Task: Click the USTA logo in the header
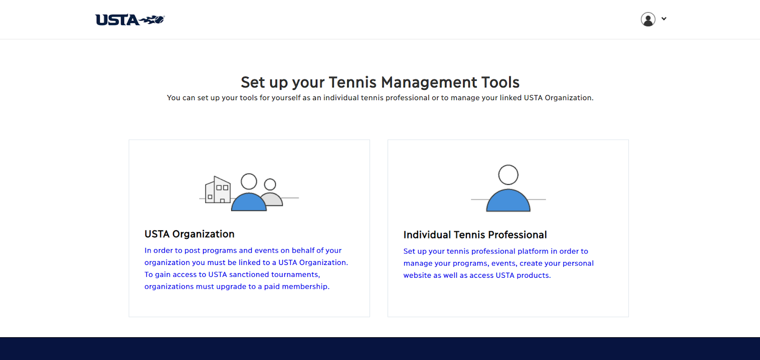tap(130, 19)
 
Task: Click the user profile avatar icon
tap(648, 19)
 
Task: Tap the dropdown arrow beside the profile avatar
tap(664, 19)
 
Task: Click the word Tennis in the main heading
tap(352, 82)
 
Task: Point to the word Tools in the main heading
tap(501, 82)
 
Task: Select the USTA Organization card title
tap(190, 234)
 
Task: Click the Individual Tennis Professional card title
tap(475, 235)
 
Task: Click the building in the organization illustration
tap(218, 190)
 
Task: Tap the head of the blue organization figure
tap(249, 181)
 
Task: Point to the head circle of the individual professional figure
tap(508, 175)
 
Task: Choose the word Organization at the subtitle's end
tap(569, 98)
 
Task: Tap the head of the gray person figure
tap(270, 184)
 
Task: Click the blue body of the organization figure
tap(249, 202)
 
